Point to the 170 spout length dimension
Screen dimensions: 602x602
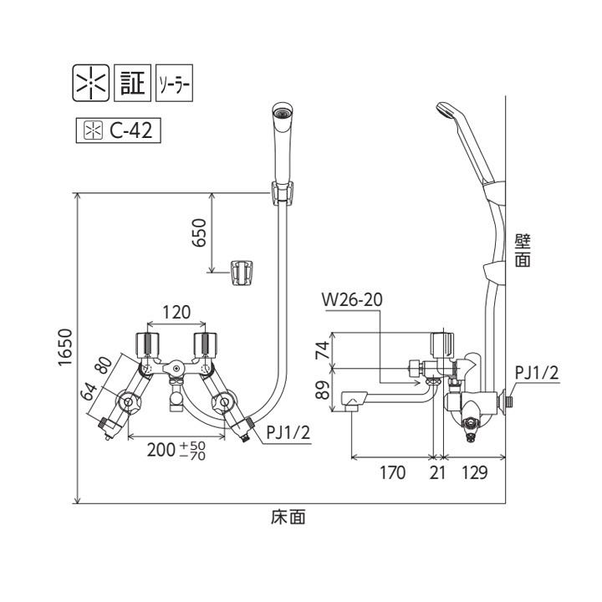point(391,472)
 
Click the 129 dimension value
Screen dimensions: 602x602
point(474,472)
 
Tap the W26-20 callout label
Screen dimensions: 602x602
point(355,298)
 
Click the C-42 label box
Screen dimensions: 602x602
point(118,130)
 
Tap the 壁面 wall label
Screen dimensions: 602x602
point(522,250)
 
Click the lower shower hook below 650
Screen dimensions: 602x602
point(243,272)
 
